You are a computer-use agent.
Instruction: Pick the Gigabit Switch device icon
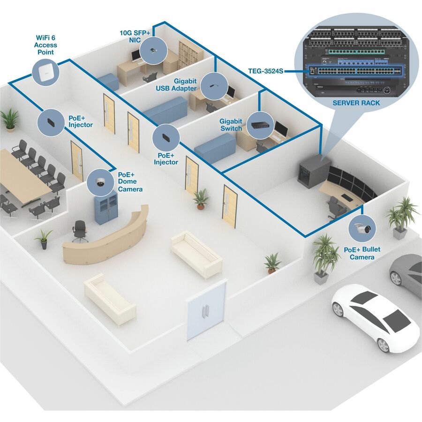[x=260, y=125]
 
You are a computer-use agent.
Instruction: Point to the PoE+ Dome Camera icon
[x=101, y=182]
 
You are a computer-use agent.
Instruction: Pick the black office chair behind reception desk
[x=80, y=231]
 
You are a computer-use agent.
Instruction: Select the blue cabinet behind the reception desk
[x=106, y=209]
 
